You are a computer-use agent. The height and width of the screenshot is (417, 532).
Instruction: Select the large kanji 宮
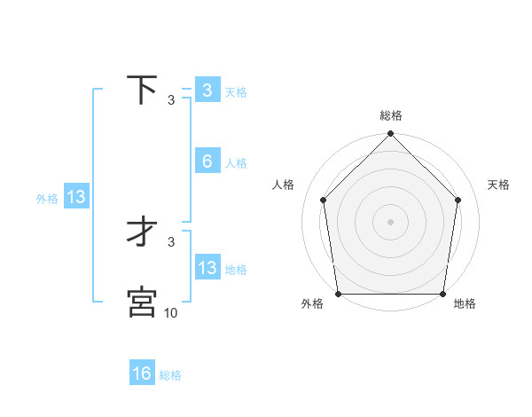coord(142,302)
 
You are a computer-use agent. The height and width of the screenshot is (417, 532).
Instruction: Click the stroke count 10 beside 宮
coord(171,312)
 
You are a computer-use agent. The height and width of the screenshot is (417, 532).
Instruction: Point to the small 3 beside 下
coord(171,100)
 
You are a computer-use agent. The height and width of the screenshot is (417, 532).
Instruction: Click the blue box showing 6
coord(207,161)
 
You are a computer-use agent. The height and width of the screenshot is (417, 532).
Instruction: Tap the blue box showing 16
coord(142,374)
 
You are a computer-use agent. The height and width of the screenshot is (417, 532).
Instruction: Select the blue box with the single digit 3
coord(207,90)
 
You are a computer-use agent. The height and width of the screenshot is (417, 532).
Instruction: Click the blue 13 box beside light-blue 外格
coord(76,197)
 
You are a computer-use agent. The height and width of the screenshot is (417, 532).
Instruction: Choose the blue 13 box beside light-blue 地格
coord(207,268)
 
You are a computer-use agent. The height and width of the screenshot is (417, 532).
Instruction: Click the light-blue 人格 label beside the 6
coord(236,163)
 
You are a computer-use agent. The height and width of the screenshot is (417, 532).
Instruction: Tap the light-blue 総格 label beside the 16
coord(170,375)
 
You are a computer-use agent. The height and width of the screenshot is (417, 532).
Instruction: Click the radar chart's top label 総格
coord(390,115)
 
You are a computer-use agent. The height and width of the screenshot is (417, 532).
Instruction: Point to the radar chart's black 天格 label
coord(499,185)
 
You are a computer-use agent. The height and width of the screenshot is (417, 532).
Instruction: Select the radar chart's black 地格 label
coord(465,304)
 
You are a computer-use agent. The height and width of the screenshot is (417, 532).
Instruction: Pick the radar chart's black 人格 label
coord(283,185)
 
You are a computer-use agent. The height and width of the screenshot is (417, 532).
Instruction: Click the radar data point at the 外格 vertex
coord(338,294)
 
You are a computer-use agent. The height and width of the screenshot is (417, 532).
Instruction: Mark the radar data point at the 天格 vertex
coord(458,200)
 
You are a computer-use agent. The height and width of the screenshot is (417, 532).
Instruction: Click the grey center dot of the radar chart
coord(390,221)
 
